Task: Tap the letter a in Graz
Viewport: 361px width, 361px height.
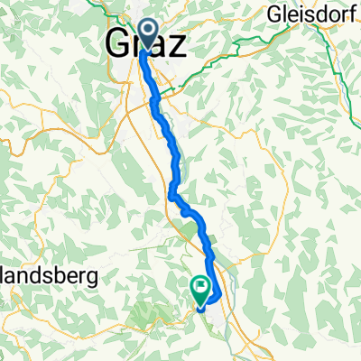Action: click(159, 46)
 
